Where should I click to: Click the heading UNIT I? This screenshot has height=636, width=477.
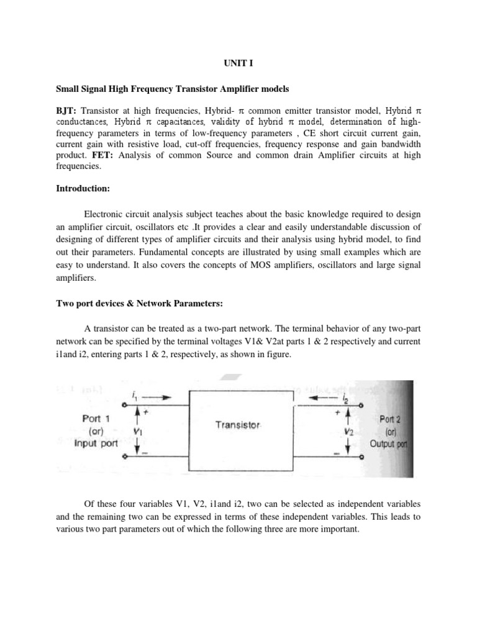point(238,63)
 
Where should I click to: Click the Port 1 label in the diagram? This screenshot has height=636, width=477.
point(96,419)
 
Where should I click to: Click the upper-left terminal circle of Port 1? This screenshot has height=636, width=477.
point(127,404)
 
